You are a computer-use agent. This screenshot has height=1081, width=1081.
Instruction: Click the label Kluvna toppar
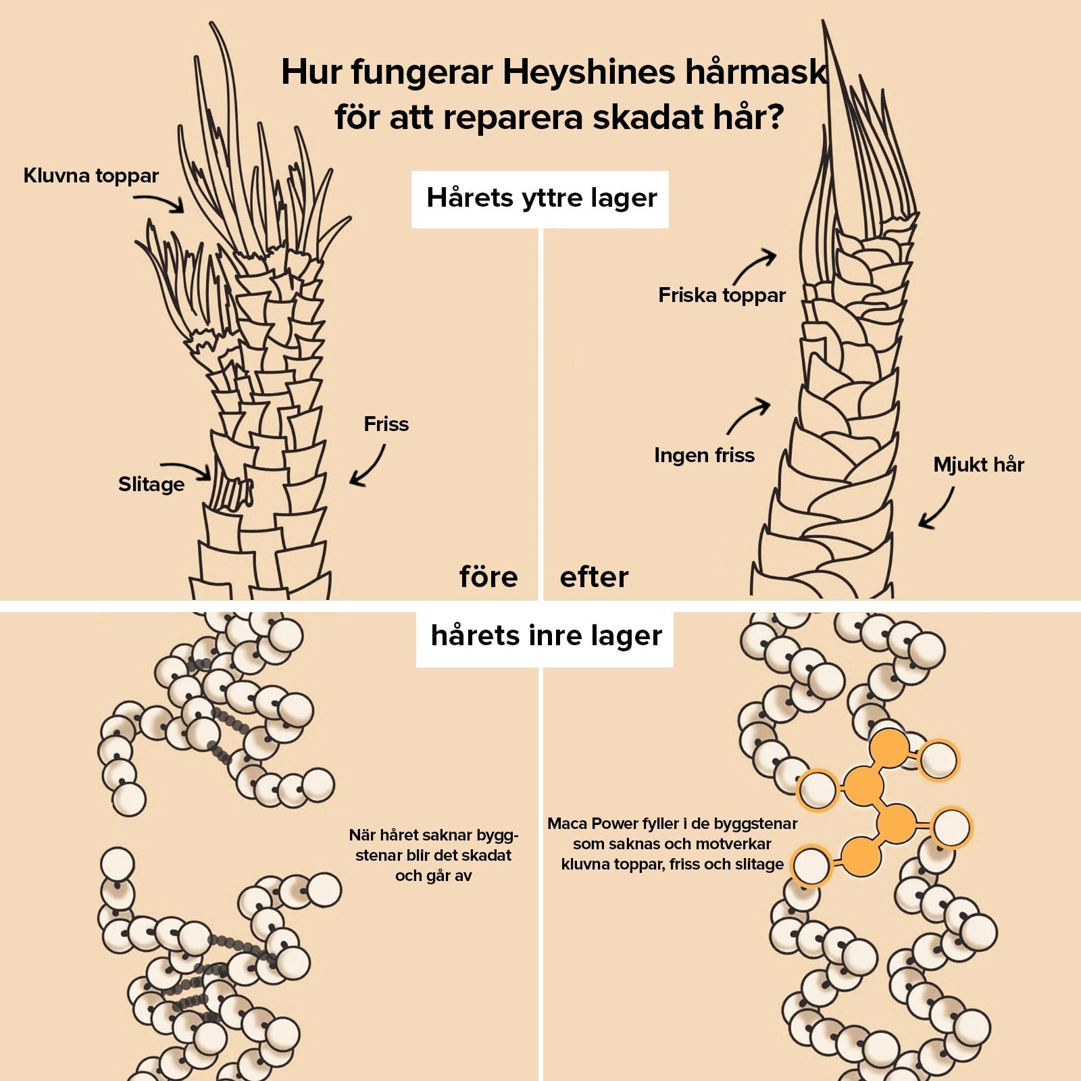coord(91,176)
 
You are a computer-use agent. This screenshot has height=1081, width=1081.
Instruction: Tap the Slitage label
coord(151,484)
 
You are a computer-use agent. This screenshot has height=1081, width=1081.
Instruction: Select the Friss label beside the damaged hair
coord(386,424)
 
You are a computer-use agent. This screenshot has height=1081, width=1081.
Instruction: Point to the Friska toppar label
coord(722,295)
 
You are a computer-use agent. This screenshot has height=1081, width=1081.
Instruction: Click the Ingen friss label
coord(704,455)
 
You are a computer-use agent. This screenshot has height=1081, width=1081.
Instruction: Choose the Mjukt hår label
coord(978,465)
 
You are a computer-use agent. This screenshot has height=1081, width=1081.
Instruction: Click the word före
coord(488,577)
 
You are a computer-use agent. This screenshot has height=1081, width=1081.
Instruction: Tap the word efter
coord(594,577)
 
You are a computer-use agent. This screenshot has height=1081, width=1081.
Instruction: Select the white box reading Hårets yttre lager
coord(540,199)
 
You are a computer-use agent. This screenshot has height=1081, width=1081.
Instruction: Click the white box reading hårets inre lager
coord(545,636)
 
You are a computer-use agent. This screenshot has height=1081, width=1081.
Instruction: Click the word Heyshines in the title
coord(588,72)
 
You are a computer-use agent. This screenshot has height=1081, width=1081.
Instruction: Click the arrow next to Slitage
coord(186,470)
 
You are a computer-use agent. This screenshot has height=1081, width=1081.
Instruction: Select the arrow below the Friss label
coord(368,466)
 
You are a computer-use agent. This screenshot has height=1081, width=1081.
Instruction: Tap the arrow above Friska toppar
coord(755,266)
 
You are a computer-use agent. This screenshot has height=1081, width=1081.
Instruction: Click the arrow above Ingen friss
coord(749,415)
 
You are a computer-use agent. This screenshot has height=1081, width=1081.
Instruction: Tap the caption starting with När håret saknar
coord(433,855)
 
